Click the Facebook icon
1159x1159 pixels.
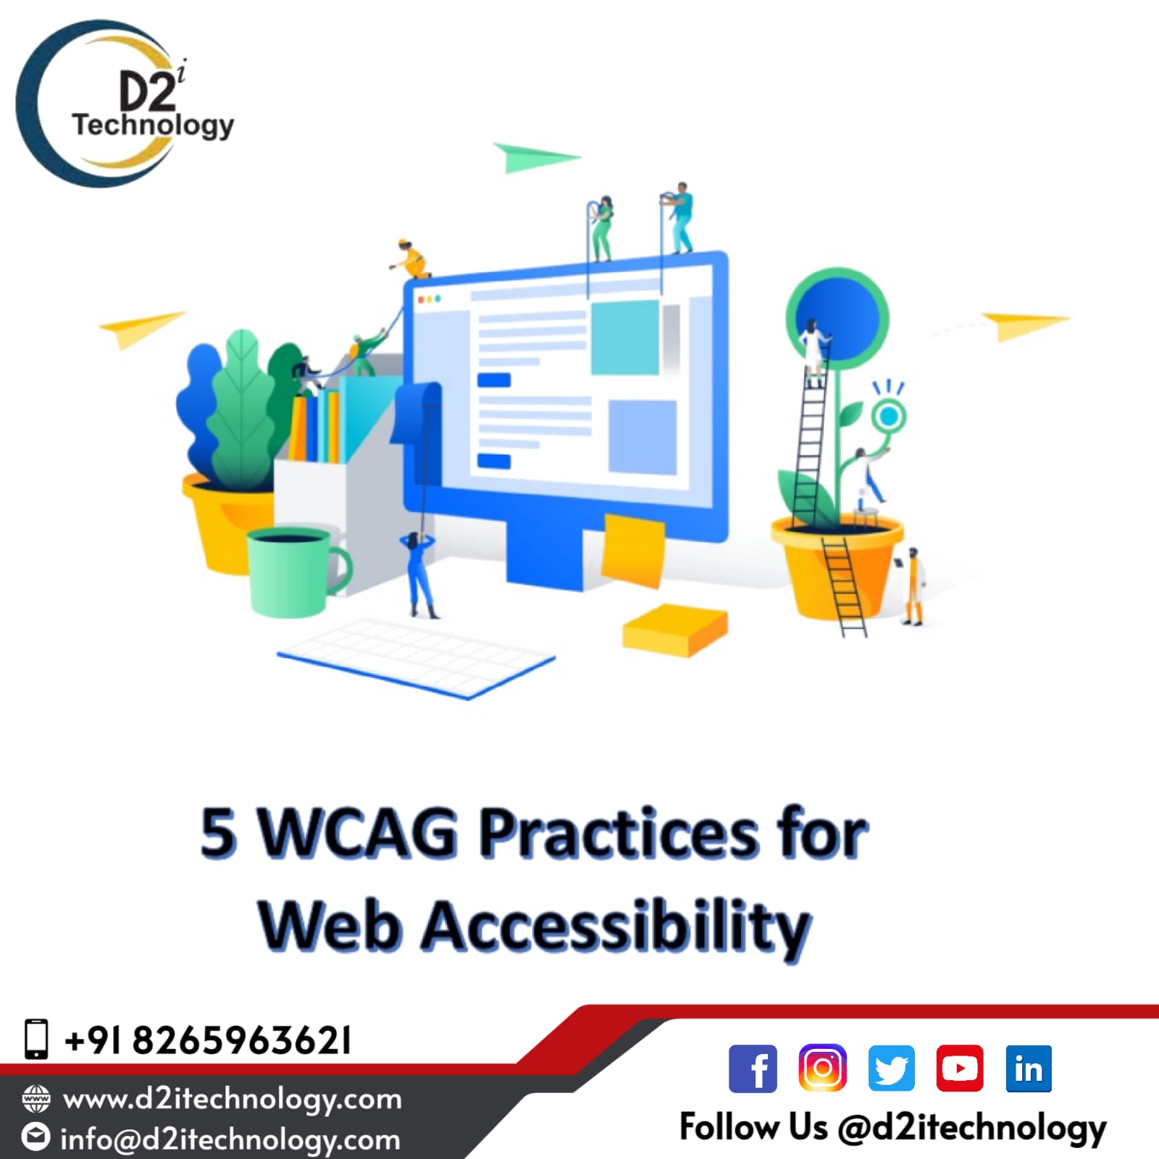(753, 1068)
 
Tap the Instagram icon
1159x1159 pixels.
(822, 1068)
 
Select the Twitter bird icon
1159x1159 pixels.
(891, 1068)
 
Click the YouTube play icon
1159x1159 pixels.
(960, 1068)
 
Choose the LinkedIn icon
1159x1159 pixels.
(1029, 1068)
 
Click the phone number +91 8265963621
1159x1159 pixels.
(208, 1040)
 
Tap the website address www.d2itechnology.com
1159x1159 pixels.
(232, 1100)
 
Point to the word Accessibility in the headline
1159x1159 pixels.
(616, 925)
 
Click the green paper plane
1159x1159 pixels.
(536, 157)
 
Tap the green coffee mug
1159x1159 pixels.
(298, 572)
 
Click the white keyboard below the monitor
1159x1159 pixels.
(417, 658)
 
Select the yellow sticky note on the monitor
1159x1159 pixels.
(633, 549)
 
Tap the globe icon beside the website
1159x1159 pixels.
(36, 1099)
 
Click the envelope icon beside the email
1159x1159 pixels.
(35, 1137)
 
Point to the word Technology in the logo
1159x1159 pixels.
(153, 125)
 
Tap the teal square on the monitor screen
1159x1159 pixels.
(624, 337)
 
